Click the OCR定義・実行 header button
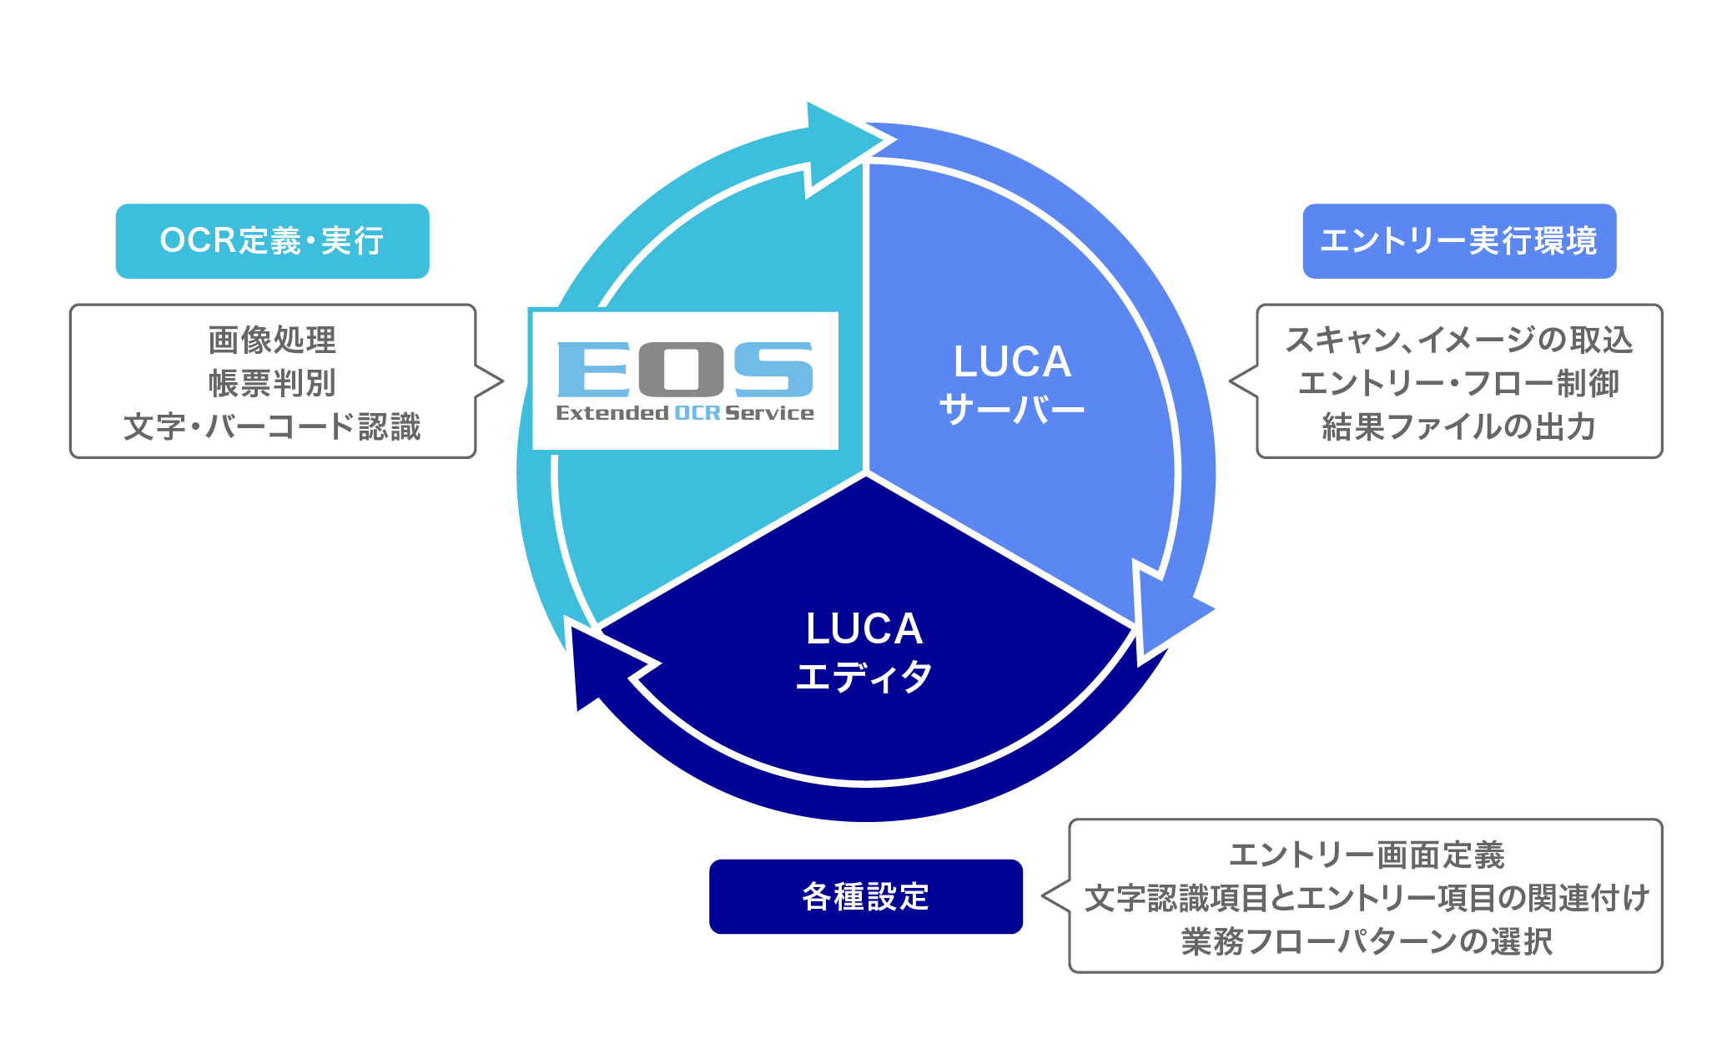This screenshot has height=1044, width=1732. tap(272, 241)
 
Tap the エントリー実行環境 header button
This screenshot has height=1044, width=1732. tap(1458, 241)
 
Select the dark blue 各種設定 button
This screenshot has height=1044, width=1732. tap(865, 896)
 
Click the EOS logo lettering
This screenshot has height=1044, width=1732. tap(684, 369)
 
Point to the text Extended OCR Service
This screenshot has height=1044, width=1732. tap(684, 413)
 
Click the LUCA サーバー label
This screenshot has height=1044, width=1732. tap(1011, 385)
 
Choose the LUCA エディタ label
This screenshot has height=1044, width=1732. tap(864, 652)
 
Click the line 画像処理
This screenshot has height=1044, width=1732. tap(272, 340)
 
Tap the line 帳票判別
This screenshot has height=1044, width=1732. tap(272, 383)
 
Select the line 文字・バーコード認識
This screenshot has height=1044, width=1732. tap(272, 426)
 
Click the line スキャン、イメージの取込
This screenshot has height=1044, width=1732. tap(1458, 340)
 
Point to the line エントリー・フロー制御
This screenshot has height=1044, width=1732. tap(1458, 383)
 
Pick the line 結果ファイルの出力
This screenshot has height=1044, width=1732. tap(1458, 426)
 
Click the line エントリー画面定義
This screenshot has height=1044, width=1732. tap(1366, 855)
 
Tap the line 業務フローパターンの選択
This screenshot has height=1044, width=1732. tap(1366, 941)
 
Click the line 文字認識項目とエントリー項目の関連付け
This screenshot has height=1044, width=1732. tap(1366, 898)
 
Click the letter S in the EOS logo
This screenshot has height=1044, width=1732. tap(773, 369)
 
